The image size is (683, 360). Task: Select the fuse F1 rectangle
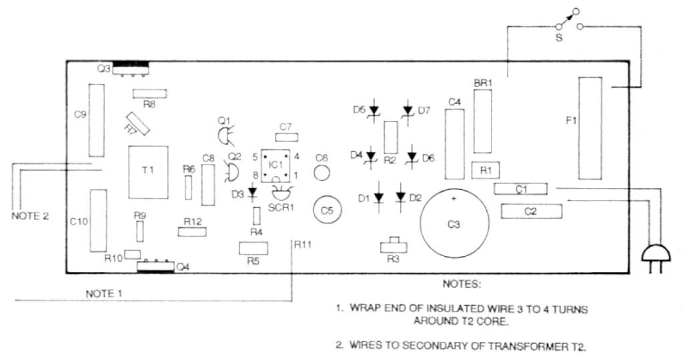click(589, 128)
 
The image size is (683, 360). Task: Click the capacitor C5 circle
click(327, 209)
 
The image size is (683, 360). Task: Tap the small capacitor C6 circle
click(321, 175)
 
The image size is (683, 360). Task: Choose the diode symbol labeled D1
click(379, 197)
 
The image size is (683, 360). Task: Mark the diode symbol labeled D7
click(408, 109)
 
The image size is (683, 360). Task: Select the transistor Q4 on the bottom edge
click(154, 267)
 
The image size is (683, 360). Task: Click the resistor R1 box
click(486, 170)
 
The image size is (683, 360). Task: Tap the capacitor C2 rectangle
click(531, 212)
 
